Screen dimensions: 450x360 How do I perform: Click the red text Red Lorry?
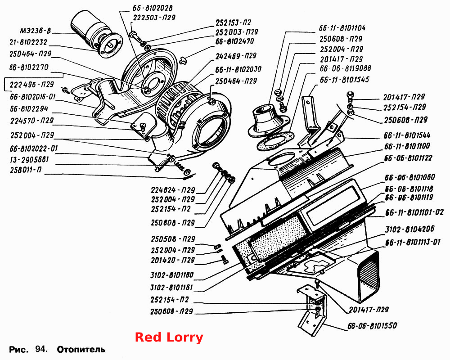[169, 337]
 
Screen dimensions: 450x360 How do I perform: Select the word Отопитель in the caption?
[81, 350]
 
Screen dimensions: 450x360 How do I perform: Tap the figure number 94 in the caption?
[41, 349]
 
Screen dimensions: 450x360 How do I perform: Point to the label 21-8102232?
[28, 42]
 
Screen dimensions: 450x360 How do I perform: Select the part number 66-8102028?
[153, 8]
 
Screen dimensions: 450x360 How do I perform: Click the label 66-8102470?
[234, 41]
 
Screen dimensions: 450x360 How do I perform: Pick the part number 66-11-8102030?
[238, 69]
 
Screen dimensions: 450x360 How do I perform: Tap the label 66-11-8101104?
[342, 28]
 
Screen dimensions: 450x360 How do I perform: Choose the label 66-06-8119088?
[345, 68]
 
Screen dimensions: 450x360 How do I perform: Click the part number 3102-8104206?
[409, 229]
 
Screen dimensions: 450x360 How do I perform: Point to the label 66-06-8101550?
[372, 326]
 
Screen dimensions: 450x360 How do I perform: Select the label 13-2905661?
[29, 159]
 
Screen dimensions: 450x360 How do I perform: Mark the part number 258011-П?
[26, 170]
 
